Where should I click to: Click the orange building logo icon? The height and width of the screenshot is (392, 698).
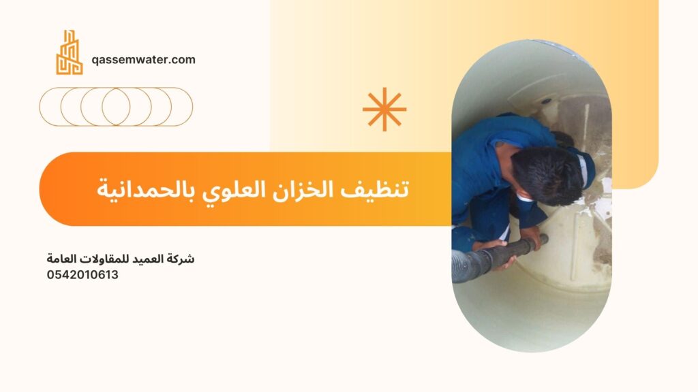(x=69, y=52)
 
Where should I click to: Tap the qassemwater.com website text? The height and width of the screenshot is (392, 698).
(x=143, y=60)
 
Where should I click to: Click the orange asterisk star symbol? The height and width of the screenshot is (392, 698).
(x=384, y=110)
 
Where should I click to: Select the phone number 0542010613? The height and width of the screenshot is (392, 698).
(x=82, y=275)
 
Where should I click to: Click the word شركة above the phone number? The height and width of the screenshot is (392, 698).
(x=181, y=259)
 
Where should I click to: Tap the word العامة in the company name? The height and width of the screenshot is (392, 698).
(x=61, y=259)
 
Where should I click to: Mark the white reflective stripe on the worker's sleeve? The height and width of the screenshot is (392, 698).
(x=583, y=169)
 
